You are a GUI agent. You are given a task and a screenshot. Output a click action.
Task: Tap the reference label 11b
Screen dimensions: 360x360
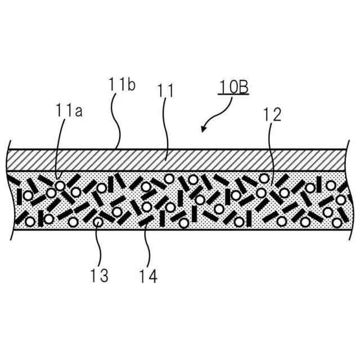[x=120, y=85]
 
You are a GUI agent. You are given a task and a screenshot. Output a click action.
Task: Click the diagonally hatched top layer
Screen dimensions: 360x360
[x=180, y=160]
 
